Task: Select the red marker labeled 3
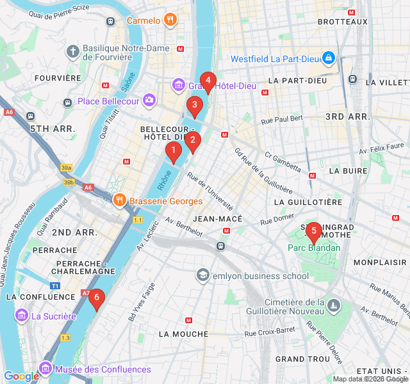pos(195,106)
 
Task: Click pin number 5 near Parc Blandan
pos(313,231)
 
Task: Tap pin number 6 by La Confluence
pos(96,297)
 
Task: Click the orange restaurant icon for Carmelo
pos(170,20)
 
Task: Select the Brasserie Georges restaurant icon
pos(120,201)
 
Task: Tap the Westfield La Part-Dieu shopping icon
pos(329,58)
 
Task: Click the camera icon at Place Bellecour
pos(149,100)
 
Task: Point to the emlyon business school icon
pos(203,276)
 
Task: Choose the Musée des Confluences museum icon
pos(45,369)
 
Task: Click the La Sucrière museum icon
pos(22,316)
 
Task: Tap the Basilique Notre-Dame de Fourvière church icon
pos(73,50)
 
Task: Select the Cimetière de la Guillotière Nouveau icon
pos(332,307)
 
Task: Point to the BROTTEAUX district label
pos(342,22)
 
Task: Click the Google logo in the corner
pos(21,376)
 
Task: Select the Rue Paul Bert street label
pos(282,118)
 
